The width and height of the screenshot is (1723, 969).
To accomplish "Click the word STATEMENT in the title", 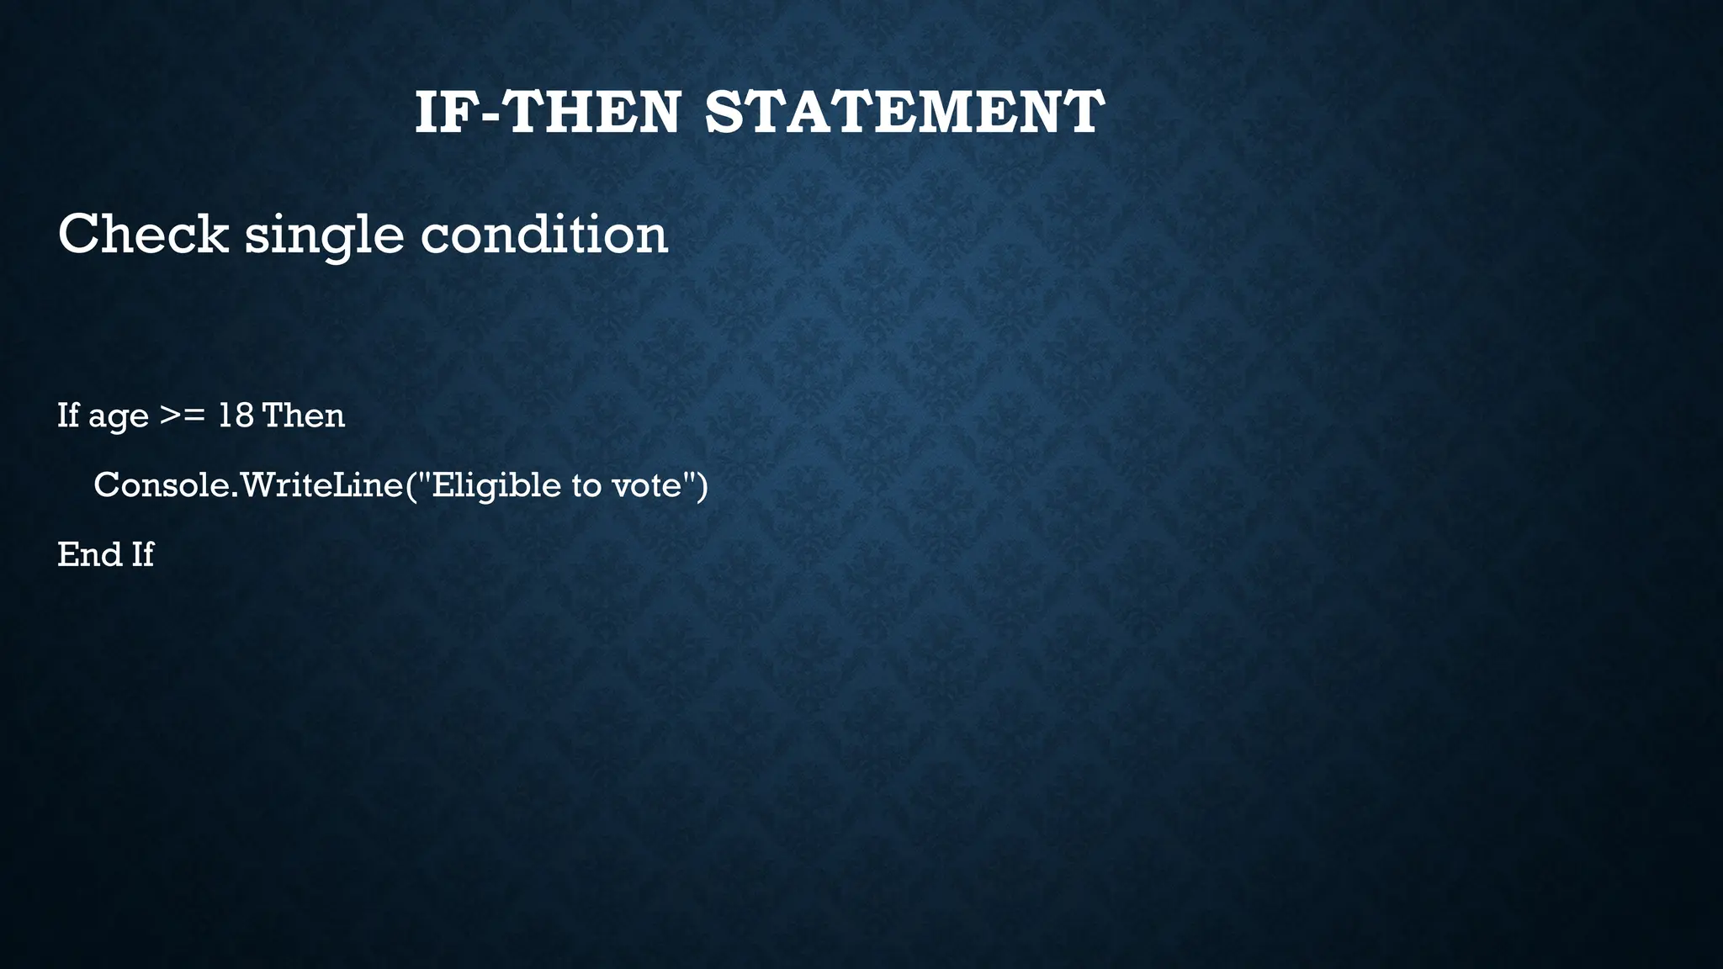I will pyautogui.click(x=904, y=113).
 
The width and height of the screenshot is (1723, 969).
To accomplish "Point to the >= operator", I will pyautogui.click(x=182, y=416).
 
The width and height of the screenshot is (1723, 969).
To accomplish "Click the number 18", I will pyautogui.click(x=236, y=416).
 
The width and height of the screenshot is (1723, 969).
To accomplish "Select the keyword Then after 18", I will pyautogui.click(x=304, y=416).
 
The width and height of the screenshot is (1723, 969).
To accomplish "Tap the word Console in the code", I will pyautogui.click(x=161, y=485).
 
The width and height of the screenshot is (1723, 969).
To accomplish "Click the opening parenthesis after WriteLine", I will pyautogui.click(x=412, y=485).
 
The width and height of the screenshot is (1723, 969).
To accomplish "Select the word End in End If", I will pyautogui.click(x=88, y=554).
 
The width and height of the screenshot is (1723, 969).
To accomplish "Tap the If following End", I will pyautogui.click(x=142, y=554).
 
